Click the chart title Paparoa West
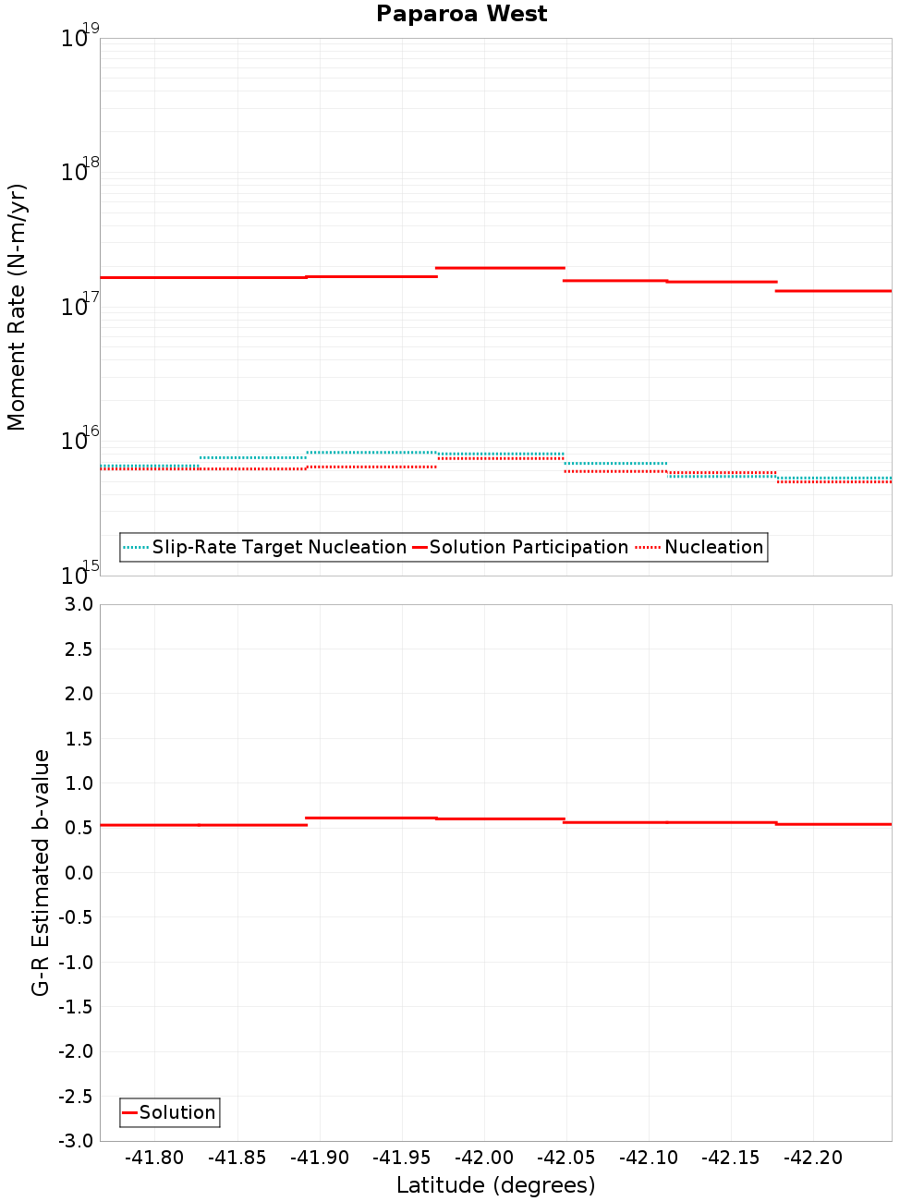(461, 14)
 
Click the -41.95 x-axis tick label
(402, 1158)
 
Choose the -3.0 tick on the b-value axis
(75, 1141)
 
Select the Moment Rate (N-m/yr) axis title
(17, 307)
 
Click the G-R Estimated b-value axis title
(41, 872)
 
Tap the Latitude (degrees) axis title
(495, 1185)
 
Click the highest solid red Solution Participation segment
(500, 268)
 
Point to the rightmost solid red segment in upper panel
(833, 291)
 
